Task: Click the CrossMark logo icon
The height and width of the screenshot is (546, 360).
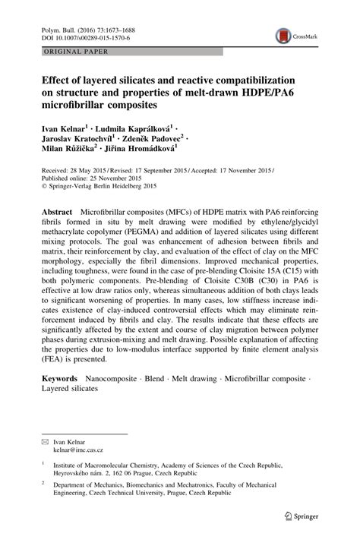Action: [284, 34]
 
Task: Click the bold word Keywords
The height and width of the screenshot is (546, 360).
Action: [58, 377]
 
